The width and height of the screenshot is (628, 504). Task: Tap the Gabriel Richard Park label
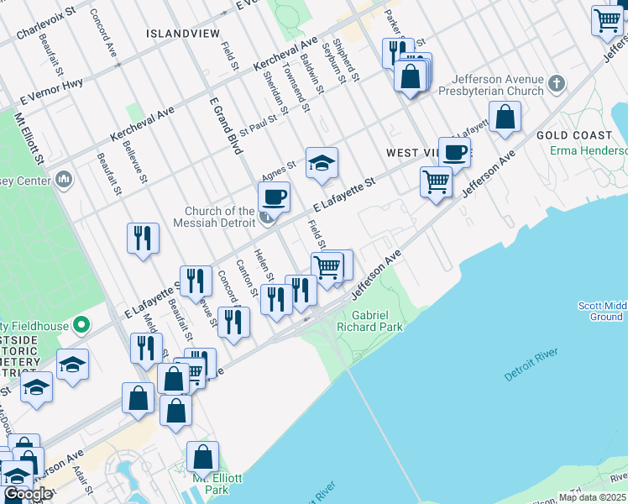[377, 321]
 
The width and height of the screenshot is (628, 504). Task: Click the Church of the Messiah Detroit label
[220, 217]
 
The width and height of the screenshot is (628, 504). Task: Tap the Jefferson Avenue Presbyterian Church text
[498, 85]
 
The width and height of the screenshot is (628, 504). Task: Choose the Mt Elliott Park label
[217, 484]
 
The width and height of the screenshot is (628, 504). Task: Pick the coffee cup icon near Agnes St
[274, 197]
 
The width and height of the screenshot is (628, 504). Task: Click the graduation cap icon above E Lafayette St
[322, 163]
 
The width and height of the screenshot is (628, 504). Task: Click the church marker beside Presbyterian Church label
[556, 84]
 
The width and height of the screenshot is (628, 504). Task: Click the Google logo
[27, 495]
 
